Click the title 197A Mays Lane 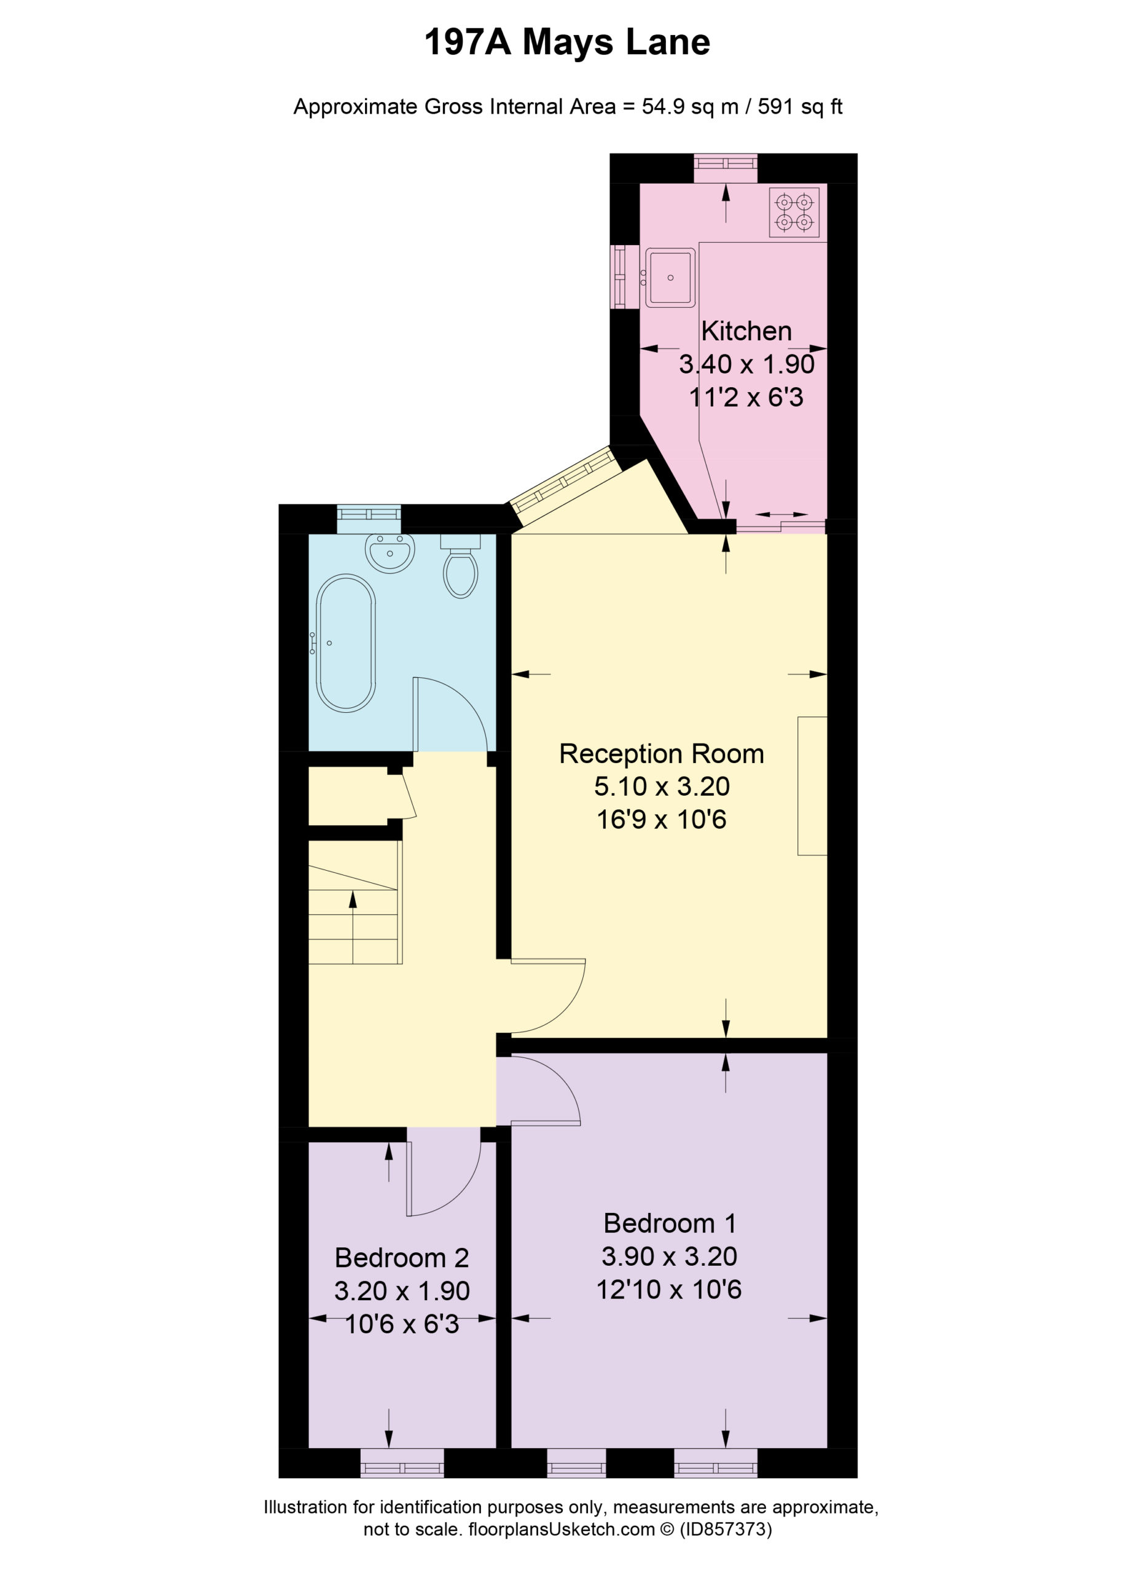point(566,42)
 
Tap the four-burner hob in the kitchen point(793,212)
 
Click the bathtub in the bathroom point(345,643)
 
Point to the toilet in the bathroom point(460,566)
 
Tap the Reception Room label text point(662,753)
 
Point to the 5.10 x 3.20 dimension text point(662,786)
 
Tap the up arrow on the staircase point(353,927)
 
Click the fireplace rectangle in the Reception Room point(812,786)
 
